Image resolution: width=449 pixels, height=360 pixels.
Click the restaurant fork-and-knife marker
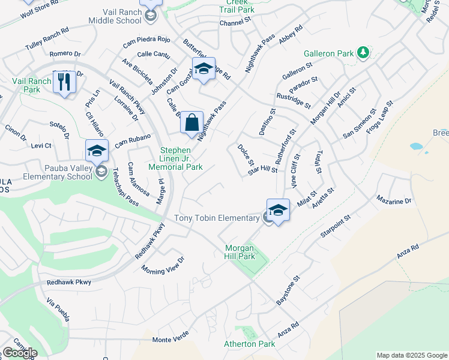pyautogui.click(x=64, y=82)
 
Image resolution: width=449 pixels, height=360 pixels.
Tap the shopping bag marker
pyautogui.click(x=191, y=124)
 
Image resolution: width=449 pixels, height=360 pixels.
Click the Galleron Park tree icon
pyautogui.click(x=363, y=53)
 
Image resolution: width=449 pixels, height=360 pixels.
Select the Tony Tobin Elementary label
pyautogui.click(x=216, y=218)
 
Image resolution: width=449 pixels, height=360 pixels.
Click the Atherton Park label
pyautogui.click(x=249, y=344)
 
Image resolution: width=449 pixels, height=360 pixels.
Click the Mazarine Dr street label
pyautogui.click(x=394, y=201)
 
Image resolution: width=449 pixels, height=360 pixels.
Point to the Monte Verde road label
pyautogui.click(x=170, y=340)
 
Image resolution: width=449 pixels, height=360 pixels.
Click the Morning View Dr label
pyautogui.click(x=163, y=266)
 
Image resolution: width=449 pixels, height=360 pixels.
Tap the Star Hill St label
pyautogui.click(x=263, y=170)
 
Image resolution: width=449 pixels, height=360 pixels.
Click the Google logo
pyautogui.click(x=19, y=353)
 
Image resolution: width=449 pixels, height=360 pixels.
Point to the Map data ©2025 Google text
pyautogui.click(x=411, y=355)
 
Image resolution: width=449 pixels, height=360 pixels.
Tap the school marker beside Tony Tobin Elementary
pyautogui.click(x=278, y=211)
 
